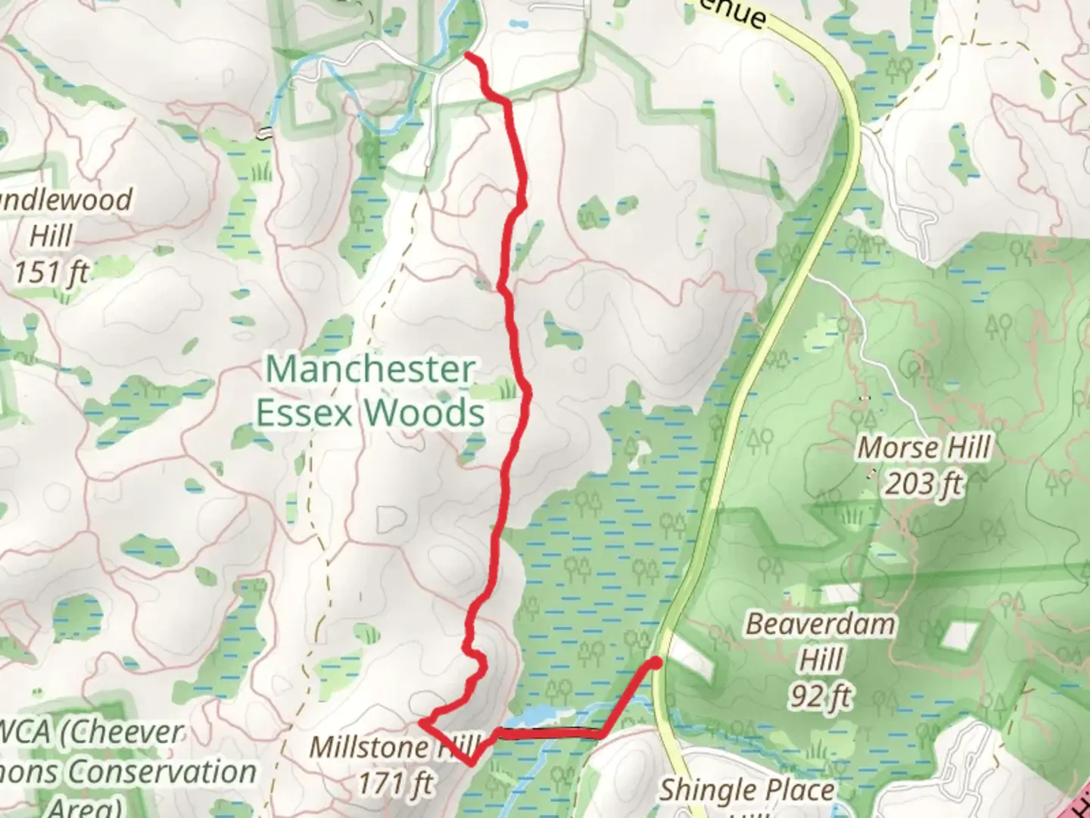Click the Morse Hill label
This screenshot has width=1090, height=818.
coord(923,448)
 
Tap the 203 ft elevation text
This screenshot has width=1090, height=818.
coord(923,483)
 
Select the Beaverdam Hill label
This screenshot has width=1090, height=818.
coord(821,642)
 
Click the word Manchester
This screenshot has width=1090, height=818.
coord(371,370)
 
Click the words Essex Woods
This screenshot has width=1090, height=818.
coord(371,414)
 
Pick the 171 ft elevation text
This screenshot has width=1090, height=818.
coord(394,783)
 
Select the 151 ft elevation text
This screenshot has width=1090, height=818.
coord(51,271)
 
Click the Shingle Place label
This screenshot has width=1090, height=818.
coord(747,791)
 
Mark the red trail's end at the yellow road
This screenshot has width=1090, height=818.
coord(656,663)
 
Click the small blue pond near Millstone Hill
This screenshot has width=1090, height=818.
coord(539,716)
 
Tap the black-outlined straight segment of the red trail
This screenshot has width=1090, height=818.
coord(549,732)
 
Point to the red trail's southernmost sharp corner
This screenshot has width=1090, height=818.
coord(472,763)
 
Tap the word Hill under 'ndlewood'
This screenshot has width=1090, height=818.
coord(51,236)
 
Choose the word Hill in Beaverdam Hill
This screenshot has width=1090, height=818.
coord(821,660)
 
